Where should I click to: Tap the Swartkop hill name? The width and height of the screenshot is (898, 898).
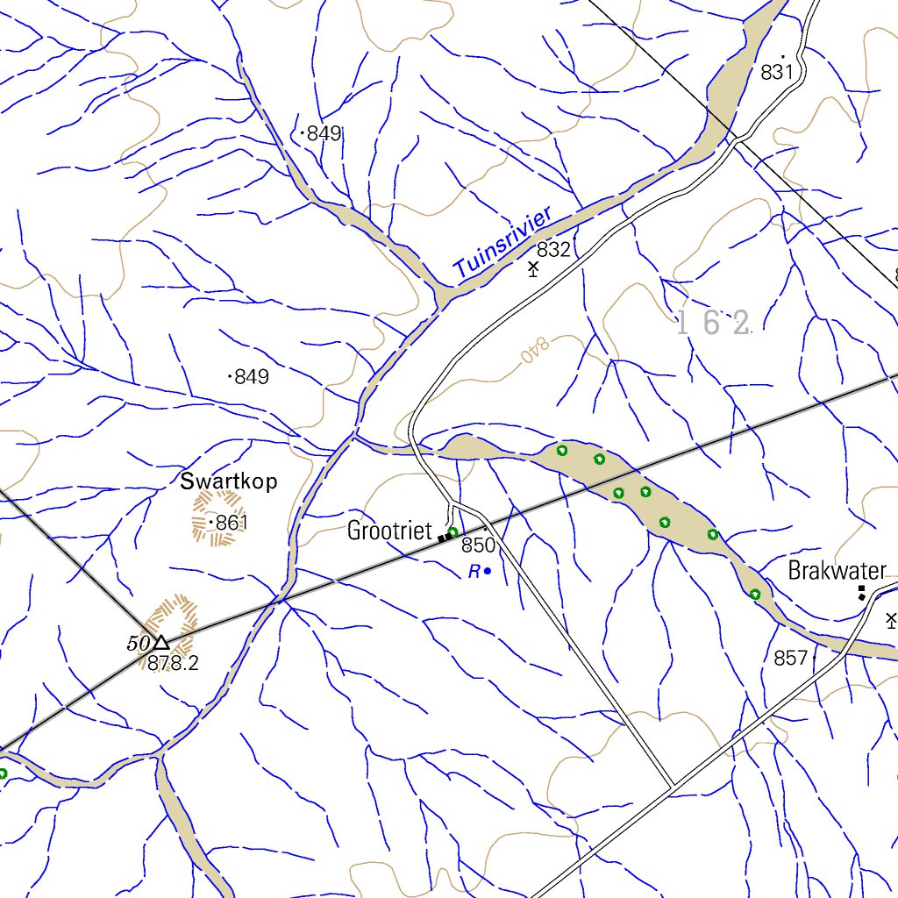click(x=229, y=481)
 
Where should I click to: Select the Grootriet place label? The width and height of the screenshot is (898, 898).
click(x=389, y=531)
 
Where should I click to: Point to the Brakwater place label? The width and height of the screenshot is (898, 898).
click(x=837, y=572)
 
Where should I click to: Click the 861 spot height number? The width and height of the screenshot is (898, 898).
click(x=232, y=524)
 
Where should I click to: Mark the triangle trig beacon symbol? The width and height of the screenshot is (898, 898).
click(x=161, y=644)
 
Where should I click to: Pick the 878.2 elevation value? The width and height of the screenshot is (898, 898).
click(x=173, y=664)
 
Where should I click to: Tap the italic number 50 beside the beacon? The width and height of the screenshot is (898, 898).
click(x=139, y=644)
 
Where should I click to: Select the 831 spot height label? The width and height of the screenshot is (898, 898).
click(x=777, y=73)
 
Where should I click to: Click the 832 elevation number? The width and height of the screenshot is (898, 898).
click(x=553, y=250)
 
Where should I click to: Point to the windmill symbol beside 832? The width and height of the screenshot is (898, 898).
click(x=532, y=268)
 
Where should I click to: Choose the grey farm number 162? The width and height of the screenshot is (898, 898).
click(x=714, y=324)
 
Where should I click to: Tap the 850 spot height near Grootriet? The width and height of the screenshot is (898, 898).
click(x=479, y=545)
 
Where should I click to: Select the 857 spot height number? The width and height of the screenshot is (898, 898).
click(x=790, y=658)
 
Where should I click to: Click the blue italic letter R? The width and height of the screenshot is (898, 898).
click(x=474, y=572)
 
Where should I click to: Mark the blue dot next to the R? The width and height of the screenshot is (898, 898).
click(x=488, y=572)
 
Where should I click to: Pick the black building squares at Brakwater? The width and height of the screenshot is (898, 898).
click(x=862, y=593)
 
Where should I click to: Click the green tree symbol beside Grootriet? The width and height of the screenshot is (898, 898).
click(x=453, y=532)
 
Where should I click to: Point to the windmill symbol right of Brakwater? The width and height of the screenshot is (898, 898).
click(x=891, y=621)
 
